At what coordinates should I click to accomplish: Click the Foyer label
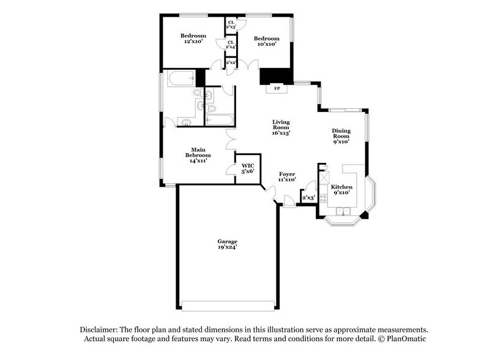287,176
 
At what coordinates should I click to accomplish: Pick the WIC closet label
247,165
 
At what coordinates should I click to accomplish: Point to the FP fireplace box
276,89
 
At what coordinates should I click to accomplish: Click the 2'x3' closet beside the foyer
308,197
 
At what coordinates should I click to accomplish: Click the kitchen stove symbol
324,182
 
